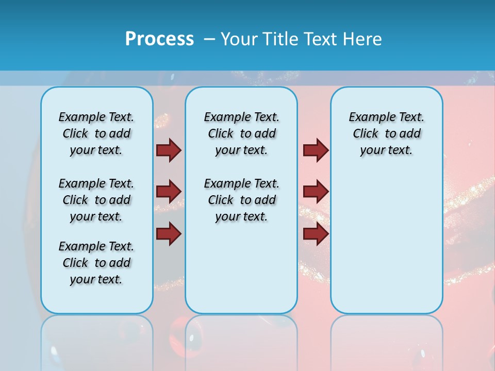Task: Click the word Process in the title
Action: (x=159, y=39)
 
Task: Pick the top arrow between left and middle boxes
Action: (x=169, y=150)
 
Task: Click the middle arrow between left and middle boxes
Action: (x=169, y=192)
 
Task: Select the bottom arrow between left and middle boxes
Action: (x=169, y=233)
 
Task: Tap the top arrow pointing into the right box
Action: (x=316, y=150)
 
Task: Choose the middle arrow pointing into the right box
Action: (x=316, y=192)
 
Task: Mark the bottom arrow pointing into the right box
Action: (x=316, y=233)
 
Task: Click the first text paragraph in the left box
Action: (x=96, y=133)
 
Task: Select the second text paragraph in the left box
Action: (x=96, y=200)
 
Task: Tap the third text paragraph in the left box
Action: (x=96, y=263)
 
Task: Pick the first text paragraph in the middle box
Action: (x=241, y=133)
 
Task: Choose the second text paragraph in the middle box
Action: (x=241, y=200)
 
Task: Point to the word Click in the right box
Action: (x=366, y=134)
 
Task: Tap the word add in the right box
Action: (x=410, y=134)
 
